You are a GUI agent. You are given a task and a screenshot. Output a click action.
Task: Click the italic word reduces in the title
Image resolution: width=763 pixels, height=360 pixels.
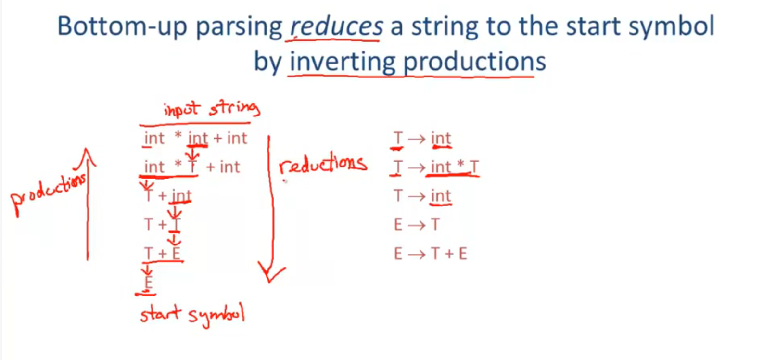point(336,26)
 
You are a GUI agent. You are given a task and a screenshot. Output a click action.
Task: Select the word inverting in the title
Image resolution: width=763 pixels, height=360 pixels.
point(343,63)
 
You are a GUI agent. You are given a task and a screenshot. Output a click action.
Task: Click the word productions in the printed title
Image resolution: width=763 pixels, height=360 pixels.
point(474,63)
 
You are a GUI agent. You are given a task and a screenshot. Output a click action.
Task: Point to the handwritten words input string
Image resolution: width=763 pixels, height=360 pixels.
point(212,109)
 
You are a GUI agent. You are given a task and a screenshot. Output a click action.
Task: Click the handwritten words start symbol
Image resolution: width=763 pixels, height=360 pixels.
point(193,315)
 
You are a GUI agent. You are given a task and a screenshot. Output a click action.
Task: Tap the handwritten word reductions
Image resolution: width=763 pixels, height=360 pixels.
point(323,166)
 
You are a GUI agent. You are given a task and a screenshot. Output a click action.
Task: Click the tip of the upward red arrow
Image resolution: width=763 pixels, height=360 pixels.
point(86,149)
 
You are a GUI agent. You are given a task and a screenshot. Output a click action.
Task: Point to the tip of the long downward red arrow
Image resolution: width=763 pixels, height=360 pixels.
point(270,282)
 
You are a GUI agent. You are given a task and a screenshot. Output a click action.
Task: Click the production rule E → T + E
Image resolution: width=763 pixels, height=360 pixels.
point(430,254)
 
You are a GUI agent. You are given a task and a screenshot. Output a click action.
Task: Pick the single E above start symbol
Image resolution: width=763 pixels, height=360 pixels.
point(148,282)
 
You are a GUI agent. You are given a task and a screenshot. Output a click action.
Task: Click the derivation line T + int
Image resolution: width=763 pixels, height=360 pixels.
point(167,196)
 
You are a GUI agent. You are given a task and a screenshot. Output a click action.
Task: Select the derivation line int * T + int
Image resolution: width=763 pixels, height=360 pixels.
point(192,167)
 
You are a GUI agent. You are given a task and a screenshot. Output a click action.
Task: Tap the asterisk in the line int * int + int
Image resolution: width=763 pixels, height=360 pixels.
point(178,135)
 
